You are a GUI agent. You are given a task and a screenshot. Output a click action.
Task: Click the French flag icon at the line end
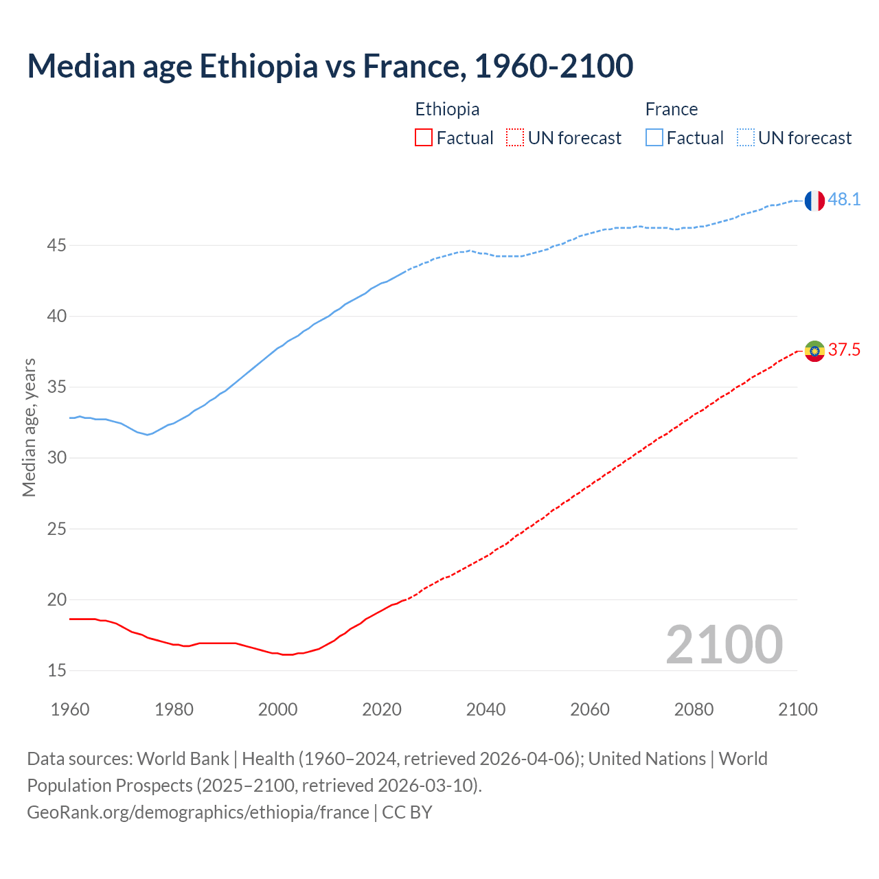point(814,201)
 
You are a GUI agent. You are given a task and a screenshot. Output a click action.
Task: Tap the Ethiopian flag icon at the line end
point(814,351)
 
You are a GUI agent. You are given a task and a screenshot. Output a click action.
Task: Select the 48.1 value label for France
point(844,200)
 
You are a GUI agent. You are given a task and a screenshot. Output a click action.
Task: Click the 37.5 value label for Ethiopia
point(844,350)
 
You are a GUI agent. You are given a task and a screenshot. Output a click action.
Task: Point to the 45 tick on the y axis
point(56,245)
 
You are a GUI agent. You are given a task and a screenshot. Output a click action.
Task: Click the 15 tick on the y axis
point(56,670)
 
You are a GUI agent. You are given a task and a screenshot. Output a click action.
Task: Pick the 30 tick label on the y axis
point(56,457)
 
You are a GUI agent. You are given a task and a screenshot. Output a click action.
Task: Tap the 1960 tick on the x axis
point(70,709)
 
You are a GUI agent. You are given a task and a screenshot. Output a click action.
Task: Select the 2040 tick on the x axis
point(486,709)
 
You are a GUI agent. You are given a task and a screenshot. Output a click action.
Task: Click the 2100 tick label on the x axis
point(797,709)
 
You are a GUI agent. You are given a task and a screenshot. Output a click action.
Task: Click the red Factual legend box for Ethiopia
point(424,138)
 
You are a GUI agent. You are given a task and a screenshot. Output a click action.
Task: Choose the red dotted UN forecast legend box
point(515,138)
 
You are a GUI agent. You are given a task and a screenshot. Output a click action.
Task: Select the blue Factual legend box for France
point(654,138)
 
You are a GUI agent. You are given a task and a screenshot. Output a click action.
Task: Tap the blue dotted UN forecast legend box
point(745,138)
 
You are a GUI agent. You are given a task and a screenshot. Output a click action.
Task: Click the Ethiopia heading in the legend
point(447,109)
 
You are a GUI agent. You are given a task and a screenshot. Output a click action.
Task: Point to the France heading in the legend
point(671,109)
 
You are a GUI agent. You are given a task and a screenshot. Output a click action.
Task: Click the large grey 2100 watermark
point(724,645)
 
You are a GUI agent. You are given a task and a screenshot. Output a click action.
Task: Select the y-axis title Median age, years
point(29,427)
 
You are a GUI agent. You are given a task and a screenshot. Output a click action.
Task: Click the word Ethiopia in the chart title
point(258,66)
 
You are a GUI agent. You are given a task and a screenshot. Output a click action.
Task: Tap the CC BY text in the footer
point(407,812)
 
